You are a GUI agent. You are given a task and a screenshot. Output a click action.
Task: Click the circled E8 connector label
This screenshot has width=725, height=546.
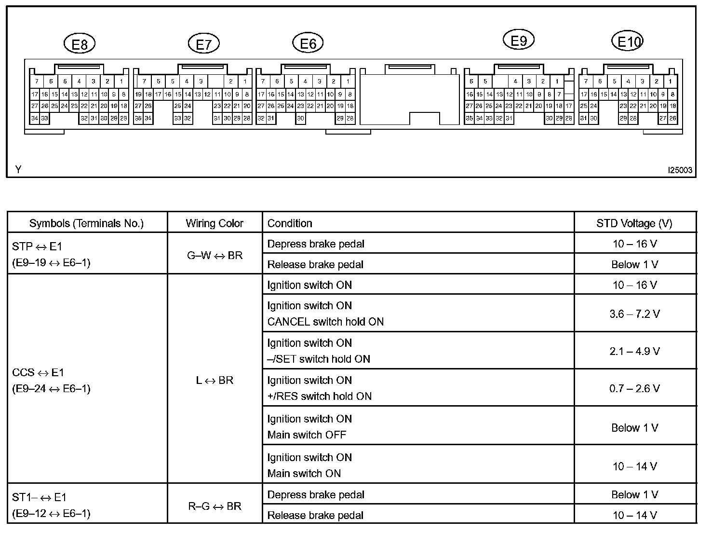(x=80, y=44)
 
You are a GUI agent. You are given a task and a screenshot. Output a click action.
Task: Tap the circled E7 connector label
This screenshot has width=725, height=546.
(x=204, y=44)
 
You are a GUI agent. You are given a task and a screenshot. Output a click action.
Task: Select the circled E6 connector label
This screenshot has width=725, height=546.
(x=308, y=43)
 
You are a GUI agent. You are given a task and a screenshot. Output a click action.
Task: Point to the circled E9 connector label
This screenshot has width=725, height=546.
(x=518, y=41)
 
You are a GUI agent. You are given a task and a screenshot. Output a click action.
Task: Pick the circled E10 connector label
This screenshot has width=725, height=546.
(x=628, y=42)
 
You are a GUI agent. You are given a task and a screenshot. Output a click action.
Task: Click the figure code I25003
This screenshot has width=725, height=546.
(x=680, y=170)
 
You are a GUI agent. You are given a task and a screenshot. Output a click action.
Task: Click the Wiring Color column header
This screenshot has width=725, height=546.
(x=215, y=223)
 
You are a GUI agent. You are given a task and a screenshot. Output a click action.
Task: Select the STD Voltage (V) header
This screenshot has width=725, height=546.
(x=634, y=223)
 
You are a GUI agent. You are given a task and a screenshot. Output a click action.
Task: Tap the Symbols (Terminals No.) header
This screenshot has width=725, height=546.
(x=86, y=223)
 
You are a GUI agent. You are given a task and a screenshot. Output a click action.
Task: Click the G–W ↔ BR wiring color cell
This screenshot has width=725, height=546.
(x=215, y=255)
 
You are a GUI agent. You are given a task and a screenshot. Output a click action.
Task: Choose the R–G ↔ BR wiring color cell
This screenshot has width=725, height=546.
(x=215, y=506)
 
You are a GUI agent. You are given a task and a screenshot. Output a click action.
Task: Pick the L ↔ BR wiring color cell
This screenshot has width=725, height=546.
(x=215, y=380)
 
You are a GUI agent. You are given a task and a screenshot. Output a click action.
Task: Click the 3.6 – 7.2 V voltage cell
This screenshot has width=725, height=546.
(x=634, y=314)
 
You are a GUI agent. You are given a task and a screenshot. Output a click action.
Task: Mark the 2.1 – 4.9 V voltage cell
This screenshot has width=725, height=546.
(x=634, y=351)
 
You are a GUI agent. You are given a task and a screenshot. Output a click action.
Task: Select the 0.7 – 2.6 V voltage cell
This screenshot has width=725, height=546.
(x=634, y=388)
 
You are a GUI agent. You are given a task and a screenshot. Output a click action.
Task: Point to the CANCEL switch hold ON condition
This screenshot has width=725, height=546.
(x=325, y=322)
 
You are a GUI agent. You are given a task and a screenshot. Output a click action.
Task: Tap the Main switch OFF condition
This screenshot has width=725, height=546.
(x=307, y=435)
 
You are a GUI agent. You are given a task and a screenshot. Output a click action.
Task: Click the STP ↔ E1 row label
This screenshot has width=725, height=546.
(x=37, y=246)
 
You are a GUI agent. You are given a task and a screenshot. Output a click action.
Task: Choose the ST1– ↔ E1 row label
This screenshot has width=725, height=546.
(x=40, y=497)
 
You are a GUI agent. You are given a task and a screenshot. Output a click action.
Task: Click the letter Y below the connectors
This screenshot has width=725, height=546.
(x=18, y=169)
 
